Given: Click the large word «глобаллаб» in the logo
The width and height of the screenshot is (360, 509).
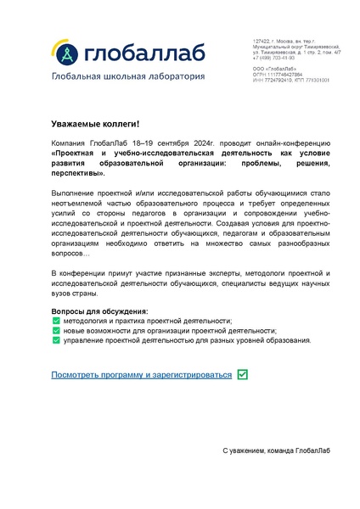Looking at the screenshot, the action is coord(143,53).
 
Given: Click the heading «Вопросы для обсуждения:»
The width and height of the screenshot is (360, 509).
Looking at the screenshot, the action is coord(99,311).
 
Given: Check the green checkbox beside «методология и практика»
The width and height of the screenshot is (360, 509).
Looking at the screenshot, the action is coord(56,322).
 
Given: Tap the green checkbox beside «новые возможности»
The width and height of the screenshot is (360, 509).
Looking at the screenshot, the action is coord(56,331).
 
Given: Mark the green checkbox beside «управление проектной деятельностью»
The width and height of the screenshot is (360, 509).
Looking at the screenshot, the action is coord(56,341).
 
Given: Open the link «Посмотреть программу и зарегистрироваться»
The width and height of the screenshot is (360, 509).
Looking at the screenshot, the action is coord(141,374).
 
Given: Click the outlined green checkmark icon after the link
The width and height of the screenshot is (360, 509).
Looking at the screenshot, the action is coord(243,373).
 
